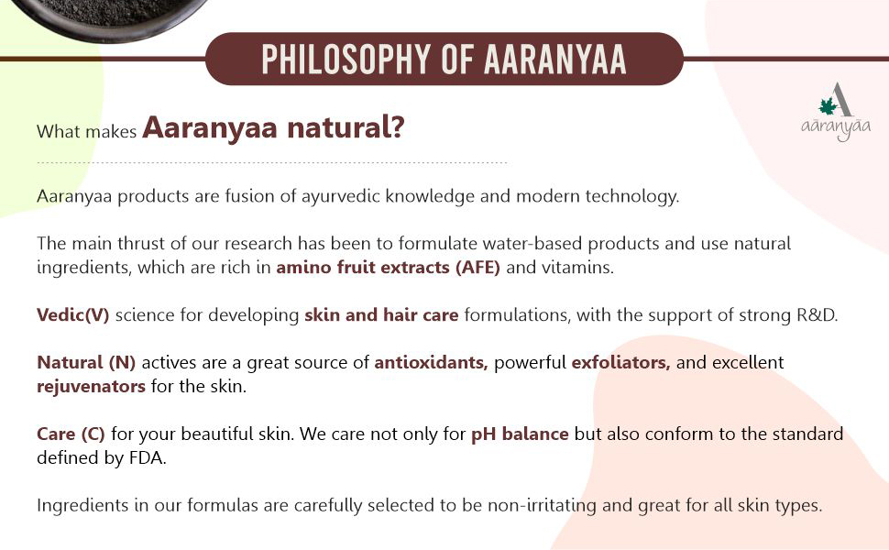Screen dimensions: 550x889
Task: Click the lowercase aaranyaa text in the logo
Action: (x=834, y=129)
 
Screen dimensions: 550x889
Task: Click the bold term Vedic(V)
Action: (x=73, y=315)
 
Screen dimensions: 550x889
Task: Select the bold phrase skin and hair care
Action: (x=381, y=315)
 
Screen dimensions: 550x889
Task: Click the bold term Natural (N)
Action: (x=86, y=363)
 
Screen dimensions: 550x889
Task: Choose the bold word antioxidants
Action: (x=431, y=363)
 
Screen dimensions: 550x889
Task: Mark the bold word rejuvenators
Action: (x=91, y=387)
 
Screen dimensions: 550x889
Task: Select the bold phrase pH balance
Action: (x=520, y=434)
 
